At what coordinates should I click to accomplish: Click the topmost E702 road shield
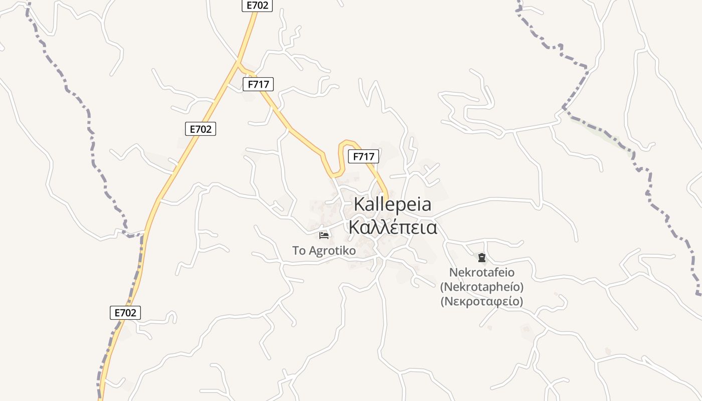[x=258, y=6]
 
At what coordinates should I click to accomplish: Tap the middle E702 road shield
[x=200, y=129]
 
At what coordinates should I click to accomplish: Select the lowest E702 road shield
[x=125, y=313]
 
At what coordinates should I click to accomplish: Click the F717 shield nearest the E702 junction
[x=258, y=84]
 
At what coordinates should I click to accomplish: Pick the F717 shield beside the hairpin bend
[x=364, y=156]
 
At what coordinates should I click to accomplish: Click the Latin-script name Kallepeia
[x=393, y=205]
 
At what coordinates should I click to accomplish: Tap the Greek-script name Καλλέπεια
[x=393, y=228]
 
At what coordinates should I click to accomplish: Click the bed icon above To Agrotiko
[x=324, y=235]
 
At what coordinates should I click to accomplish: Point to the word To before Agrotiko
[x=299, y=251]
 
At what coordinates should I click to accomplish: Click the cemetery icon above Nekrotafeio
[x=482, y=258]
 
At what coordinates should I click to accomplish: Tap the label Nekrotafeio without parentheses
[x=482, y=273]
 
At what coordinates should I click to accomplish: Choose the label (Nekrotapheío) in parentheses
[x=482, y=287]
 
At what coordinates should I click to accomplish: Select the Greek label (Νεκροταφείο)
[x=482, y=302]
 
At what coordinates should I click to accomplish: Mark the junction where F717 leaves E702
[x=238, y=64]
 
